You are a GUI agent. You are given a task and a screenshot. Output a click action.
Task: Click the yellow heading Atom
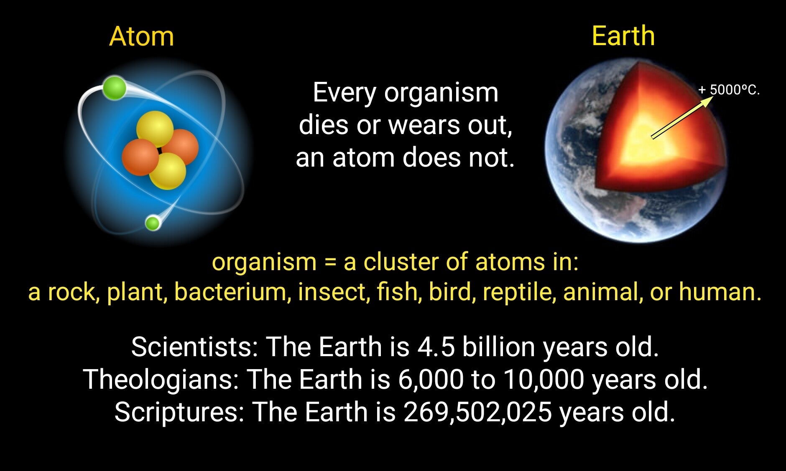[141, 36]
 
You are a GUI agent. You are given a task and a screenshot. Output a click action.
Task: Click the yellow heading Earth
[623, 36]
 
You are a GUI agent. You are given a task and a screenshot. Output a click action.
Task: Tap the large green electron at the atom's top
[114, 88]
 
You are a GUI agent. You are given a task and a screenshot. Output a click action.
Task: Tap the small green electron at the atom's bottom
[153, 223]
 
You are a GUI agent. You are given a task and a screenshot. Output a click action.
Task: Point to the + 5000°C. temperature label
[729, 90]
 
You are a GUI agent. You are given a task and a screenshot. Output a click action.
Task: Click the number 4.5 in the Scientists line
[436, 347]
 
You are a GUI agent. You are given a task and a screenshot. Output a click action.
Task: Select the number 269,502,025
[477, 412]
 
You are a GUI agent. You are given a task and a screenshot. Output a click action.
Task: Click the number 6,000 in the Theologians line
[431, 380]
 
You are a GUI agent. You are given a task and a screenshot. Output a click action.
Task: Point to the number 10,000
[544, 380]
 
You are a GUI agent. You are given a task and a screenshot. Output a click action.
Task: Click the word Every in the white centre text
[344, 93]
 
